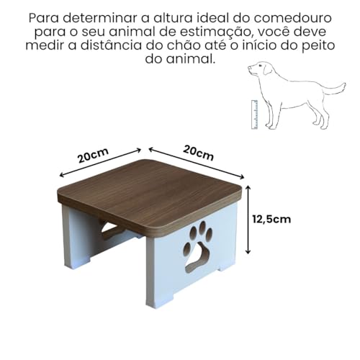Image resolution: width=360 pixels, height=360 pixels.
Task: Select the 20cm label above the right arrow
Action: coord(199,153)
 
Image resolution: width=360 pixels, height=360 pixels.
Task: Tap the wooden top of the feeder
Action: coord(148,192)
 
